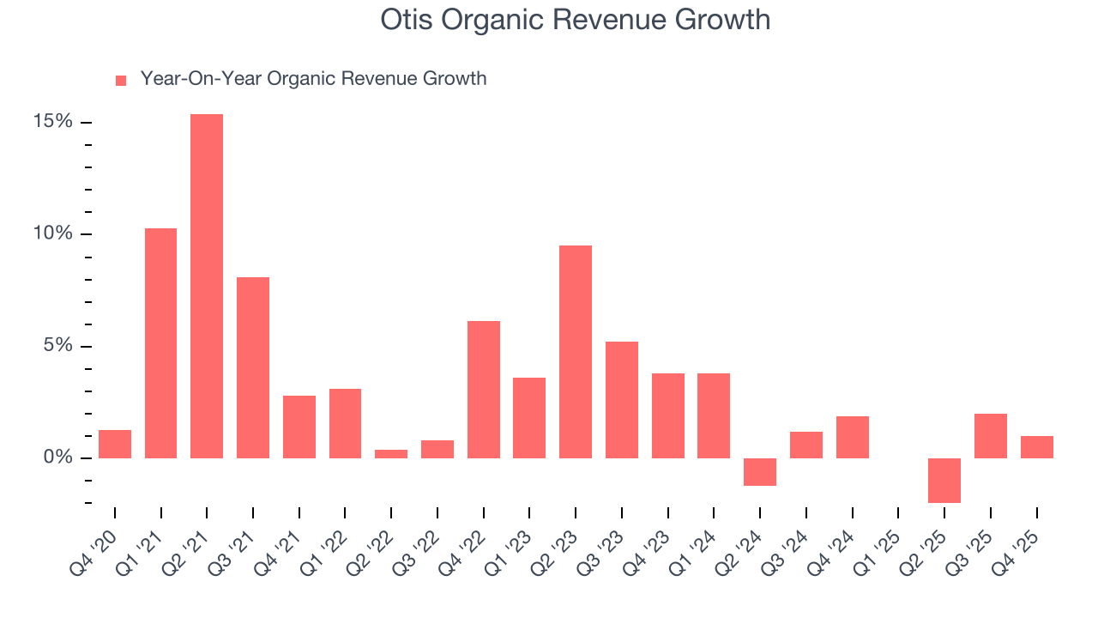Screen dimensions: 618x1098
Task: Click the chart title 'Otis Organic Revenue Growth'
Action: pos(575,20)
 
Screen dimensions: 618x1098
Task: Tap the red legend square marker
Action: pos(121,80)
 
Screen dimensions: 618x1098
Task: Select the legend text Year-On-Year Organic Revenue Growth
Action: pos(313,79)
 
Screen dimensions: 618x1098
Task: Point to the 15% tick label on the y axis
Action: pos(53,122)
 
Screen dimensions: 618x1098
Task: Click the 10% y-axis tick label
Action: pos(53,234)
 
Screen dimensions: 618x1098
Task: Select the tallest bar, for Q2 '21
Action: pos(207,286)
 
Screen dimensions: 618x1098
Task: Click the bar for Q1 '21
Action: pos(160,343)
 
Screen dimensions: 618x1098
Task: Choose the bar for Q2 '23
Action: pos(576,352)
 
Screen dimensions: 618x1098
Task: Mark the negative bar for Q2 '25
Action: pos(944,480)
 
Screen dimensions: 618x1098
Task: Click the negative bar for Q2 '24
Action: pos(760,472)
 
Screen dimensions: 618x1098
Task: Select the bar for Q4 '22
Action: pos(483,390)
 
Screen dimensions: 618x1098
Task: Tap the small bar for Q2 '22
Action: pos(391,454)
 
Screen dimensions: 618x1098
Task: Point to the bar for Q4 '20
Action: pos(115,445)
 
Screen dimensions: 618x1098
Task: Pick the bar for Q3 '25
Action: pos(991,436)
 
